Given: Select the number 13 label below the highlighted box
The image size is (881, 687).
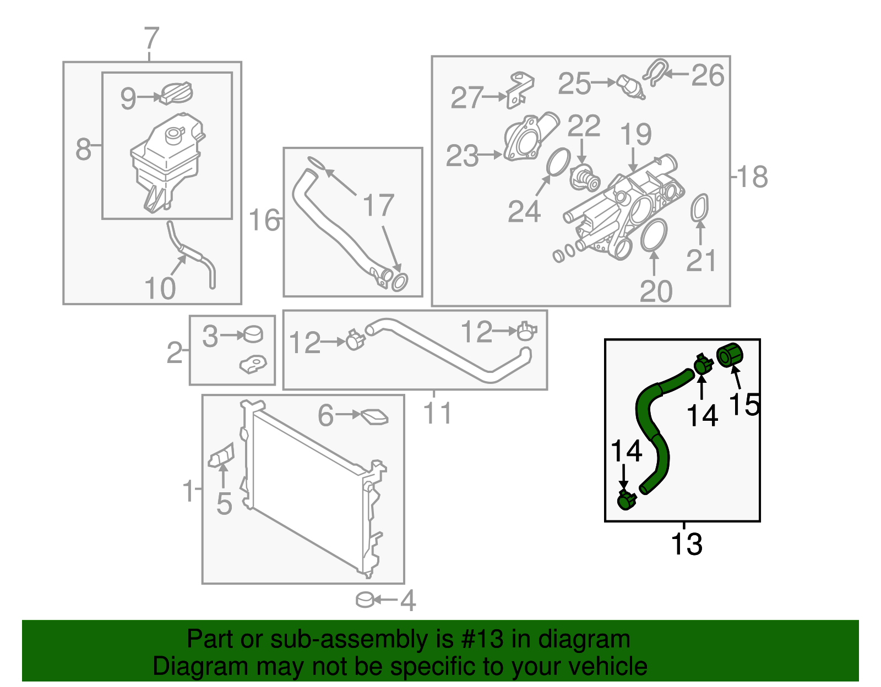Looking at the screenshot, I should [686, 544].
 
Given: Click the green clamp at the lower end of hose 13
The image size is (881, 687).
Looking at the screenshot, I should [626, 501].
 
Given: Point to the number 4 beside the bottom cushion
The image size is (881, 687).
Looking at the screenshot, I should [407, 601].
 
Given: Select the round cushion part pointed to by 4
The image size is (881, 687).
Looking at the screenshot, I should [366, 600].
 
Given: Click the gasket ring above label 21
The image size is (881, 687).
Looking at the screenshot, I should [699, 208].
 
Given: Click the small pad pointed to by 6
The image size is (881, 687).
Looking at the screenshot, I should [374, 417].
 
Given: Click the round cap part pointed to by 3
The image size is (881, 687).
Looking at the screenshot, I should [253, 333].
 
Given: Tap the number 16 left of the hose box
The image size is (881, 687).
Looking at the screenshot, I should [264, 220].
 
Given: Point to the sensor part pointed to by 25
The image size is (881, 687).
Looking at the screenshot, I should [631, 86].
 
